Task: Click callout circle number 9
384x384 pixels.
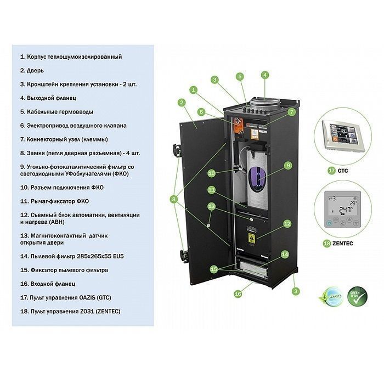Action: click(x=288, y=165)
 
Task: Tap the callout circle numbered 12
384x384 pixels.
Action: click(x=287, y=223)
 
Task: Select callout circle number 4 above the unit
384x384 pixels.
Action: click(x=265, y=75)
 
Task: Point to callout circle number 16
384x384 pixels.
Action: click(x=238, y=293)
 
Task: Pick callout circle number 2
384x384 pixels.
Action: click(x=182, y=102)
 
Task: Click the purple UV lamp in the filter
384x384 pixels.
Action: click(x=258, y=179)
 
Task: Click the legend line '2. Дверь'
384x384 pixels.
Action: click(x=32, y=71)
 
